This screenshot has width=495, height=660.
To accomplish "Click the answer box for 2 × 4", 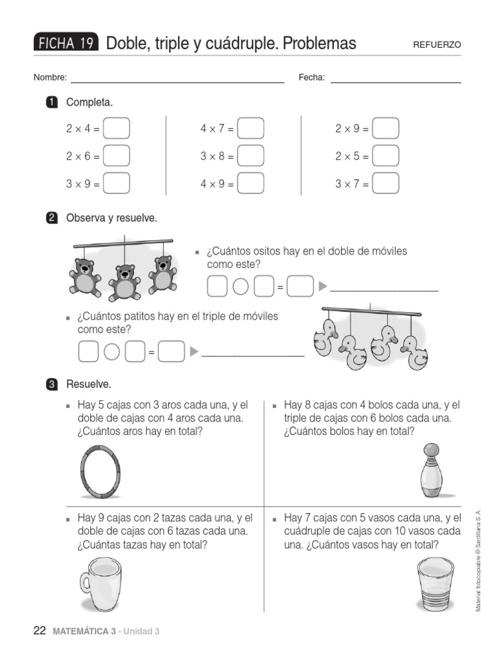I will [x=116, y=128].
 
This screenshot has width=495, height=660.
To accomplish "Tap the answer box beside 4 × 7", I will [x=251, y=128].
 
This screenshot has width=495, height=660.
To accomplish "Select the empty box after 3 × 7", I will [x=385, y=183].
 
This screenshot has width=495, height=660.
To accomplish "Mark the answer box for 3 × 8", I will [x=251, y=155].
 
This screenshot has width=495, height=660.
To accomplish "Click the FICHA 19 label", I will [x=66, y=43].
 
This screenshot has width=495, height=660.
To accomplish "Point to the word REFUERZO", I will [x=437, y=44].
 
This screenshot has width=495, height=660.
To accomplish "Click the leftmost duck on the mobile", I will [x=325, y=337].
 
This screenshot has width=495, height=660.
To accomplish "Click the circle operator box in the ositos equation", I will [x=240, y=287].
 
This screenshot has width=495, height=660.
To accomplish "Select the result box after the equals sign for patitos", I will [x=171, y=352].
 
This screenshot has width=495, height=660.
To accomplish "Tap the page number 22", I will [x=39, y=631].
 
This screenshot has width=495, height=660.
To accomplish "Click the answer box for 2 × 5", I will [x=385, y=155].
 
